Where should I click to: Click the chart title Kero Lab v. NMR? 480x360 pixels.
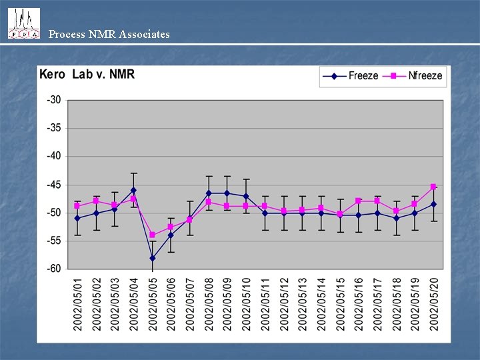tap(87, 74)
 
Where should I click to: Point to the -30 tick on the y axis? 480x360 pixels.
tap(53, 100)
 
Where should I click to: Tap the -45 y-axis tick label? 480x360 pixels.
tap(53, 185)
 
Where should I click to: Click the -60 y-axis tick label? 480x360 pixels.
tap(53, 269)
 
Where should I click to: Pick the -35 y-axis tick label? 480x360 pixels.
tap(53, 128)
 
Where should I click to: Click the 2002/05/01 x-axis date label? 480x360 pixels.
tap(77, 303)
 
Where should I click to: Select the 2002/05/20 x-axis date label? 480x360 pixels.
tap(433, 303)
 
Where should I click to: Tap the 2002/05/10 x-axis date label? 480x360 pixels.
tap(246, 303)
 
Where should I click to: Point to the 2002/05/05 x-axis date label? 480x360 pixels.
tap(152, 303)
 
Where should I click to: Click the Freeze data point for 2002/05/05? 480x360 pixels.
tap(152, 258)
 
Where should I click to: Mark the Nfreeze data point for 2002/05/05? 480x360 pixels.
tap(152, 235)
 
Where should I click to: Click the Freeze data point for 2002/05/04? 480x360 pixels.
tap(133, 191)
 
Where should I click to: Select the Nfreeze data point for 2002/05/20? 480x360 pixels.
tap(433, 187)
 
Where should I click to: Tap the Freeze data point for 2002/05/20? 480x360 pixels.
tap(433, 204)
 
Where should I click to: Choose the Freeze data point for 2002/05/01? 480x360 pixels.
tap(77, 218)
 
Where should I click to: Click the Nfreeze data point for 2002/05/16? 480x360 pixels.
tap(358, 201)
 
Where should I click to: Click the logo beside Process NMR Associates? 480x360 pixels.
tap(23, 23)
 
